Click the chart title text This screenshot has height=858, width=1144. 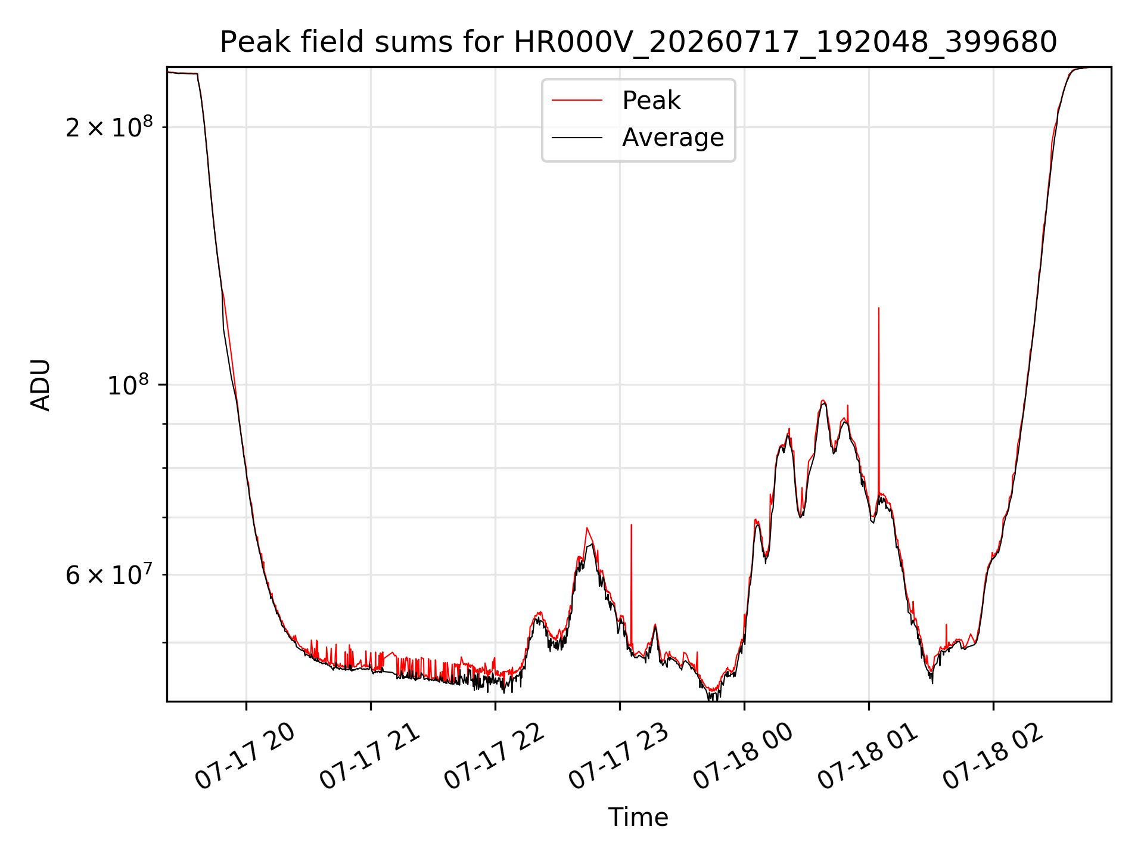[x=638, y=42]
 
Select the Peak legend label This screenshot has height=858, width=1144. [x=651, y=100]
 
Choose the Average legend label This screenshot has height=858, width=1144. [x=673, y=138]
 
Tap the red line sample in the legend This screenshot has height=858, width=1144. [x=577, y=100]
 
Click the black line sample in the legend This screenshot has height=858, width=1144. [x=577, y=138]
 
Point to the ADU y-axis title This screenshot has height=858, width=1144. [x=41, y=384]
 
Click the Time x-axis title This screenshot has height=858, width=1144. [x=638, y=817]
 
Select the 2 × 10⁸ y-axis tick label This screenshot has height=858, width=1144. [x=109, y=126]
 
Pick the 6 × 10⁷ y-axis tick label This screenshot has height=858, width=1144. [x=109, y=574]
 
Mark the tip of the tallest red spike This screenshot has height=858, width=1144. [x=879, y=308]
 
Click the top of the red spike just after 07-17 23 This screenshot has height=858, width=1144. [x=632, y=525]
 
